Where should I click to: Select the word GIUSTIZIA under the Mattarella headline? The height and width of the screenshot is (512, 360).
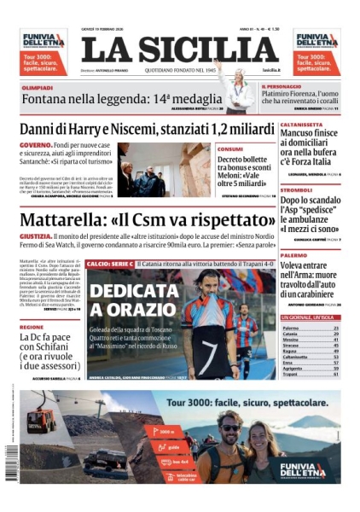(x=35, y=236)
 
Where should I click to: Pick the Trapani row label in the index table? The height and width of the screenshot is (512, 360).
(x=291, y=374)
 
